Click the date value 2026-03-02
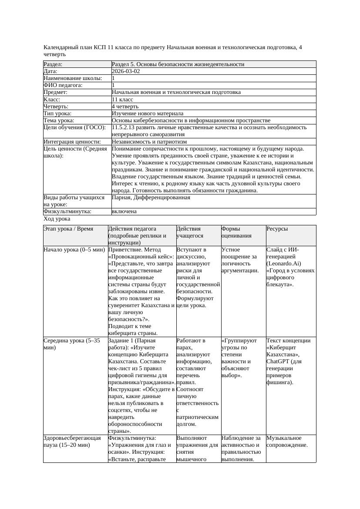click(126, 71)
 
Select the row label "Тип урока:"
click(60, 113)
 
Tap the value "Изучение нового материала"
click(148, 113)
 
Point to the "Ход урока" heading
click(57, 219)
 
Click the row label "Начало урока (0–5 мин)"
click(74, 250)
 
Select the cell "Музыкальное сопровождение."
click(287, 441)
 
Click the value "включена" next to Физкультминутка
click(124, 211)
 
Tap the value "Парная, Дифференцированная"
click(151, 198)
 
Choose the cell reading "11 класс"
click(122, 99)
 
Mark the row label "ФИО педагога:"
click(63, 85)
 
